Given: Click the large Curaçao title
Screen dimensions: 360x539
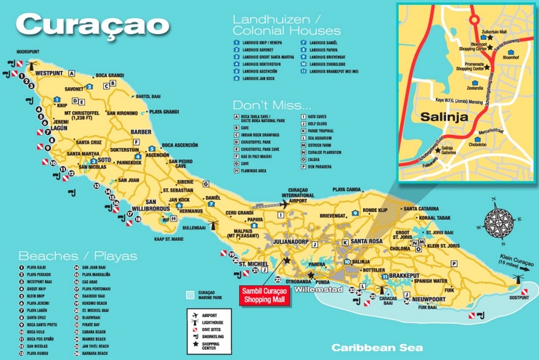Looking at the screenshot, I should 92,25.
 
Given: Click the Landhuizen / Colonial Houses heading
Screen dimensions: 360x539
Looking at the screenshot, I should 286,25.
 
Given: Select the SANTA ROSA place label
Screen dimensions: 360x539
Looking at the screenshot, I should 366,241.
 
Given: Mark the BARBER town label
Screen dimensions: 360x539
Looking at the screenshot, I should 139,133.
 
